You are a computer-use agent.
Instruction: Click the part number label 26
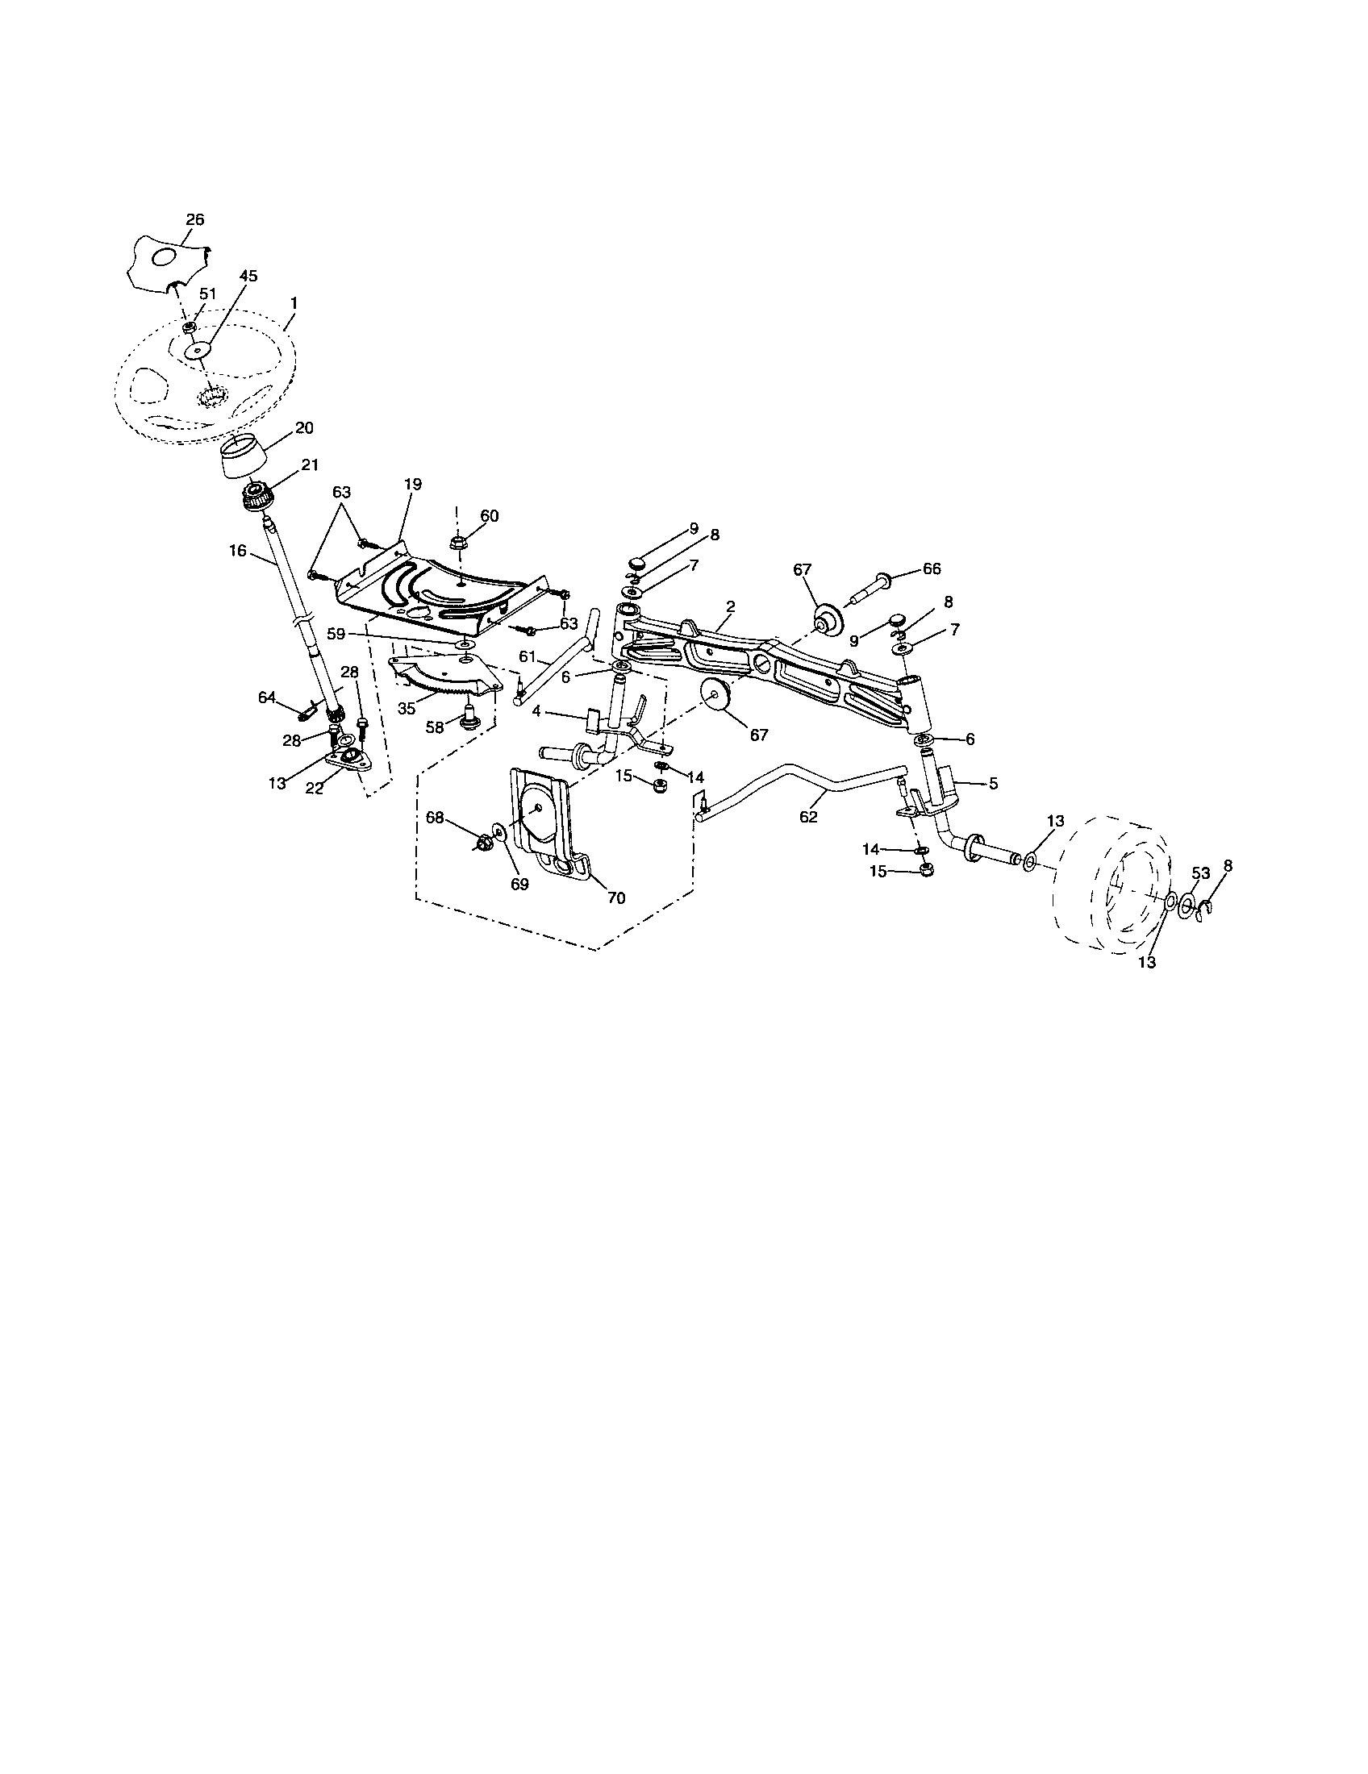point(195,219)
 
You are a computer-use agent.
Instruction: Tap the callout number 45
point(248,276)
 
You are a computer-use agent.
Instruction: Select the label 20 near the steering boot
point(305,428)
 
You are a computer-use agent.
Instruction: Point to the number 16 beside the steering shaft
point(237,551)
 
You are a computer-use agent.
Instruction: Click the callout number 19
point(412,484)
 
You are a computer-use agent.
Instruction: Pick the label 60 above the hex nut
point(489,516)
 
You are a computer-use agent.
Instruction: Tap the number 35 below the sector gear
point(407,708)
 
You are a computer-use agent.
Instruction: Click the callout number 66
point(932,568)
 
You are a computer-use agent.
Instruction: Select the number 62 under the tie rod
point(808,817)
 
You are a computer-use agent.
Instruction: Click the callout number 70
point(616,898)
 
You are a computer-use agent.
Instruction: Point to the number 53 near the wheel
point(1201,873)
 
